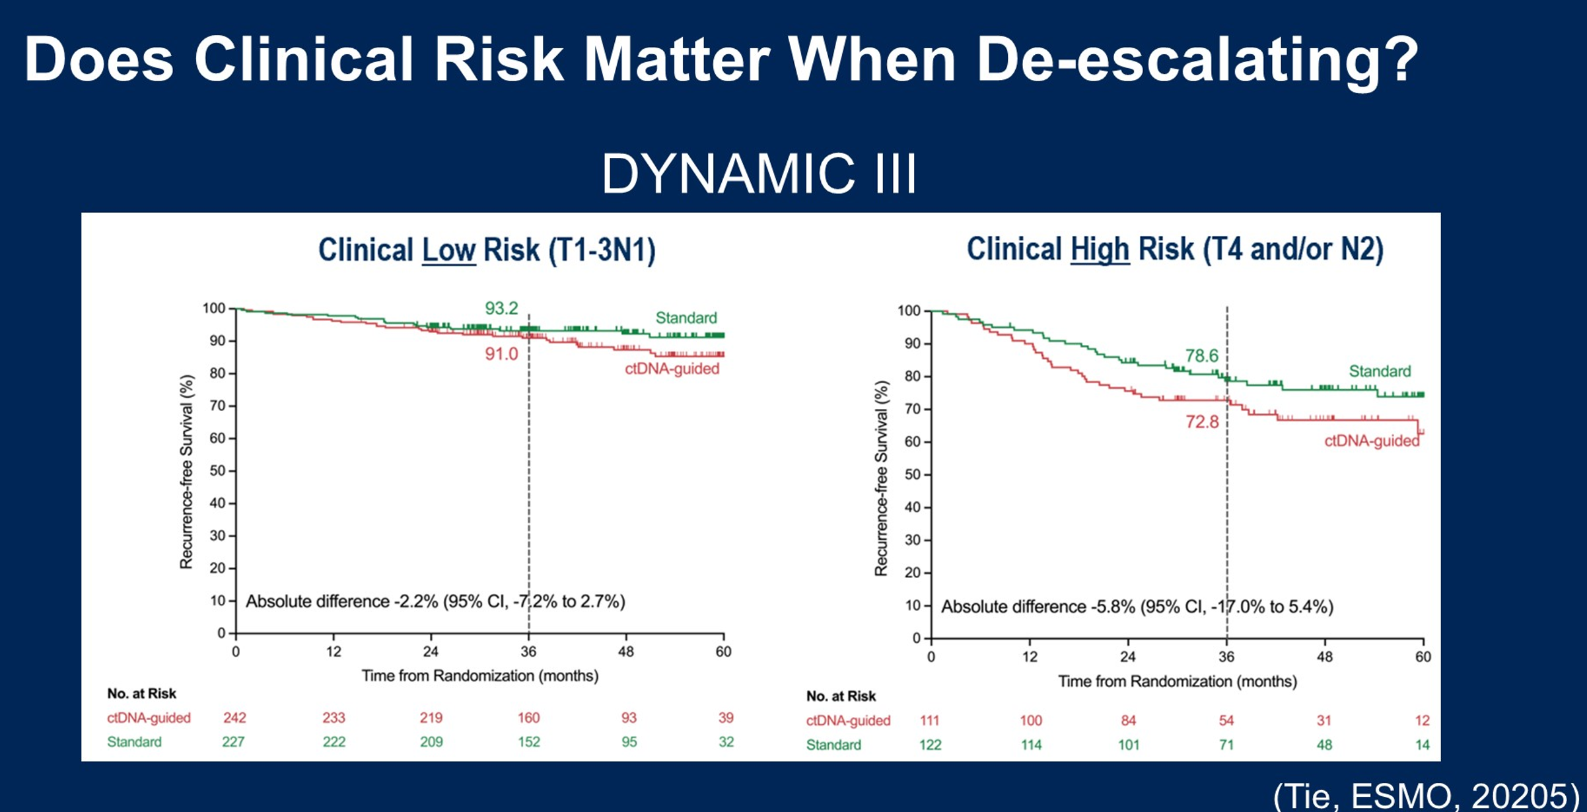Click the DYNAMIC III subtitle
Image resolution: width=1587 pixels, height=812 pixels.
(759, 174)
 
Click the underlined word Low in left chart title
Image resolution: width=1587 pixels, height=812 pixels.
(448, 250)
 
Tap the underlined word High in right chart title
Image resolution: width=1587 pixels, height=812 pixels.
(1100, 249)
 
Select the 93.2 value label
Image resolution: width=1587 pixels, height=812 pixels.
(501, 309)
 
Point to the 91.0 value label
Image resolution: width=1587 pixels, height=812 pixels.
(501, 354)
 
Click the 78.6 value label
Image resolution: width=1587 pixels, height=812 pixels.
(1201, 356)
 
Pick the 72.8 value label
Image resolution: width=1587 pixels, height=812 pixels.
(1201, 422)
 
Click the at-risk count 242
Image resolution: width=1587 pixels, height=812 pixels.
(234, 718)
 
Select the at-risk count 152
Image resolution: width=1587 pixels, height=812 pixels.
(528, 742)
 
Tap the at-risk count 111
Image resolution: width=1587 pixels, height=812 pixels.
(929, 720)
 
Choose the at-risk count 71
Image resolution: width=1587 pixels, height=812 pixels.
(1226, 745)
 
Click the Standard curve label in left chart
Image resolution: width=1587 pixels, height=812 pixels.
(686, 318)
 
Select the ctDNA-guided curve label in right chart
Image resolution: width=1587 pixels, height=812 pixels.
(1371, 441)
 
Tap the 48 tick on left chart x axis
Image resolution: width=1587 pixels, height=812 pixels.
(625, 651)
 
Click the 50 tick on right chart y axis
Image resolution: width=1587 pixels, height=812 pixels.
(912, 474)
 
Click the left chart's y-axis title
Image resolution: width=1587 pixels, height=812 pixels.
(186, 472)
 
